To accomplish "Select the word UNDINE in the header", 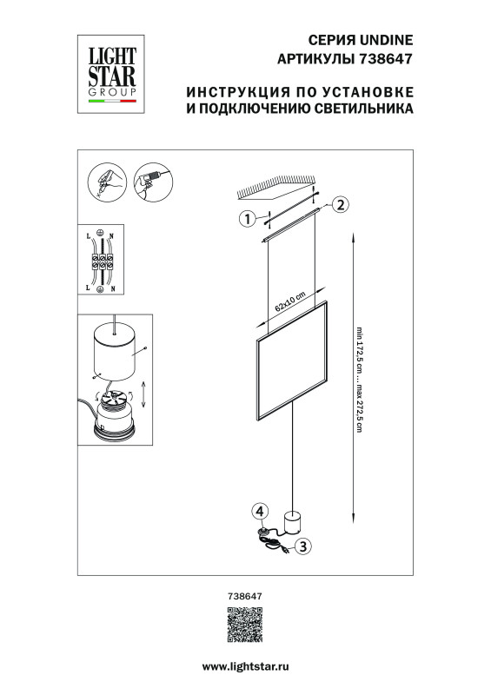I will [385, 40].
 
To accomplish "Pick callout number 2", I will [341, 205].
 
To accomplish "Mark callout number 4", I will [259, 511].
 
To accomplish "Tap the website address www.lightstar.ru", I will [245, 665].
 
